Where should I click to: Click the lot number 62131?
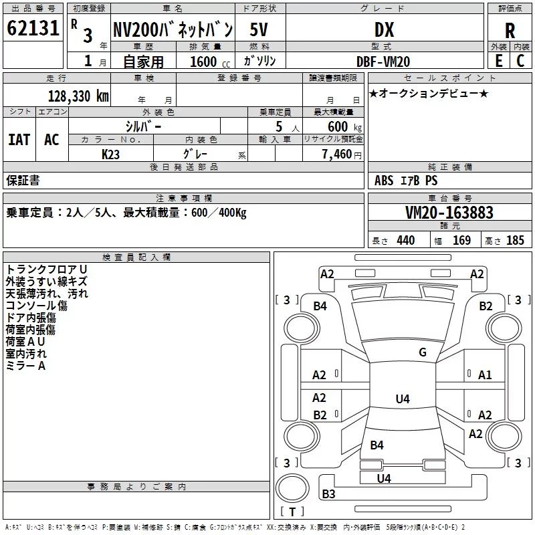[x=33, y=28]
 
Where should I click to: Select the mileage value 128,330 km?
[x=78, y=96]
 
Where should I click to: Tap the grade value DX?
[x=384, y=29]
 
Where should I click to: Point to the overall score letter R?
[x=510, y=31]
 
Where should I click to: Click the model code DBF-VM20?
[x=383, y=62]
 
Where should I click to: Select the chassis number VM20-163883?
[x=449, y=212]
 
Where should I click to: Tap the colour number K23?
[x=110, y=154]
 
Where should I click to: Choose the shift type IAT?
[x=19, y=140]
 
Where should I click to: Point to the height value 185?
[x=515, y=240]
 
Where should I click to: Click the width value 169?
[x=461, y=240]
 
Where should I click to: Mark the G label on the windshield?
[x=423, y=352]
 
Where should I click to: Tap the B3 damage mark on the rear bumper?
[x=328, y=494]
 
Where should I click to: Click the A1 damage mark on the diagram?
[x=485, y=375]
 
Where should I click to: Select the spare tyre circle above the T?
[x=292, y=488]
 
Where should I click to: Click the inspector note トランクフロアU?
[x=46, y=270]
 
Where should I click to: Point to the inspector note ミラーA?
[x=25, y=366]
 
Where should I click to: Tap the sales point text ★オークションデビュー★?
[x=429, y=93]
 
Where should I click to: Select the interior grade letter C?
[x=520, y=61]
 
